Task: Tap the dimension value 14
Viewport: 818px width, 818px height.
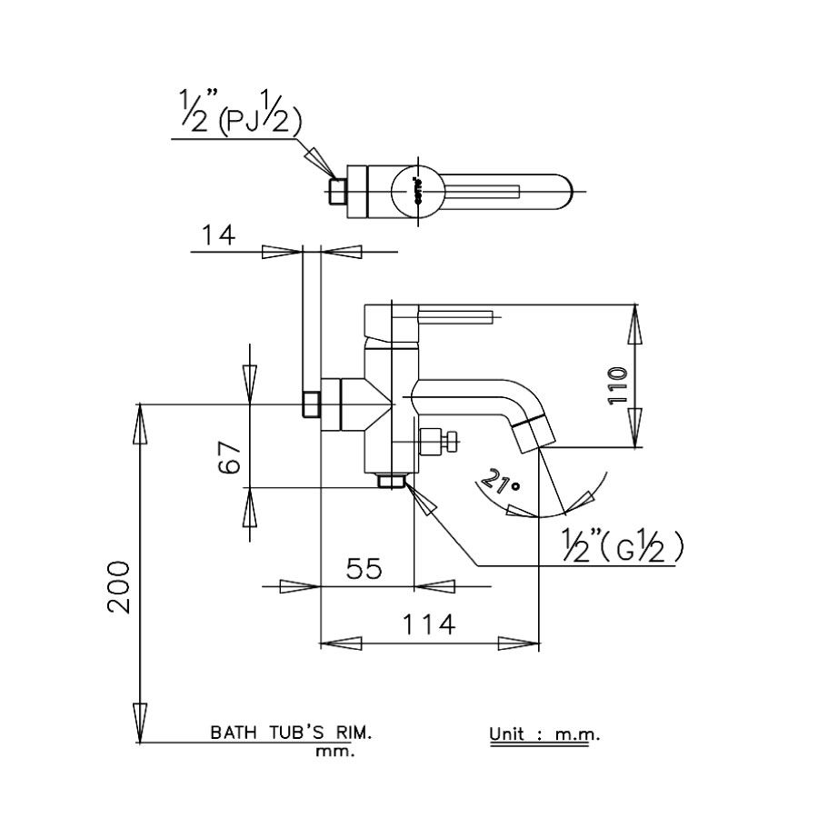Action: coord(217,235)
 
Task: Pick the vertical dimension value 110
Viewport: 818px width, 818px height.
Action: coord(617,386)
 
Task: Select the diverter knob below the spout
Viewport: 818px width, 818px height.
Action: coord(440,441)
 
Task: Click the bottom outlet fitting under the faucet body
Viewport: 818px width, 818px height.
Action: coord(392,480)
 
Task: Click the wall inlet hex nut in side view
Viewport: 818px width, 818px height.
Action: coord(310,404)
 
